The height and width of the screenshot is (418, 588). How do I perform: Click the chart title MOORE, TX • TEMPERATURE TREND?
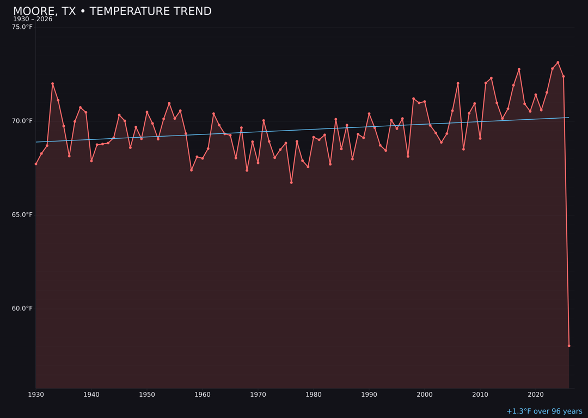pyautogui.click(x=112, y=11)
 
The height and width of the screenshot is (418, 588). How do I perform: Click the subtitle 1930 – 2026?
pyautogui.click(x=33, y=20)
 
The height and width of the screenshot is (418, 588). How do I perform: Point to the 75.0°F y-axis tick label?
pyautogui.click(x=22, y=27)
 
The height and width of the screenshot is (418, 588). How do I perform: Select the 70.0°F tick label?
pyautogui.click(x=22, y=121)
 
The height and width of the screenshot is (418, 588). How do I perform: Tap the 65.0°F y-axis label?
pyautogui.click(x=22, y=214)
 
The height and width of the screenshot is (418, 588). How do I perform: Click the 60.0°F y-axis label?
pyautogui.click(x=22, y=309)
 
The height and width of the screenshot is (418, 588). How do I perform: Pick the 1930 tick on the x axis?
pyautogui.click(x=36, y=395)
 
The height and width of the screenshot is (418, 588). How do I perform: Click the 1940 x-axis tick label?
pyautogui.click(x=91, y=395)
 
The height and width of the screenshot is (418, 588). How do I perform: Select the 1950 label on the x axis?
pyautogui.click(x=147, y=395)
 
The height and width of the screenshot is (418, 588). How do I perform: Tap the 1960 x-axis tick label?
pyautogui.click(x=203, y=395)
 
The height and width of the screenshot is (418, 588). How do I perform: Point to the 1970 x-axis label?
pyautogui.click(x=258, y=395)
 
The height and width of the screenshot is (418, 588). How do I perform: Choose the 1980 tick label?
pyautogui.click(x=314, y=395)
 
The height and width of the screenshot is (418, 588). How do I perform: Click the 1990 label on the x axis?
pyautogui.click(x=369, y=395)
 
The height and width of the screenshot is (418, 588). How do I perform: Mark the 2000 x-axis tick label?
pyautogui.click(x=425, y=395)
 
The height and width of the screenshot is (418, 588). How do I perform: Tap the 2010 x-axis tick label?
pyautogui.click(x=480, y=395)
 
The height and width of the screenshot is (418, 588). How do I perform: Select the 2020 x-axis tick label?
pyautogui.click(x=536, y=395)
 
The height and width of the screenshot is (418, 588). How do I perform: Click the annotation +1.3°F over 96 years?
pyautogui.click(x=544, y=411)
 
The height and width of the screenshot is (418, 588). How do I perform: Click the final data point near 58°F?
pyautogui.click(x=569, y=346)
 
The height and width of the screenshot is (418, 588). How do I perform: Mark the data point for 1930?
pyautogui.click(x=36, y=164)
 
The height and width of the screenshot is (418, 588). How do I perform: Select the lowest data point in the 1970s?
pyautogui.click(x=291, y=182)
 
